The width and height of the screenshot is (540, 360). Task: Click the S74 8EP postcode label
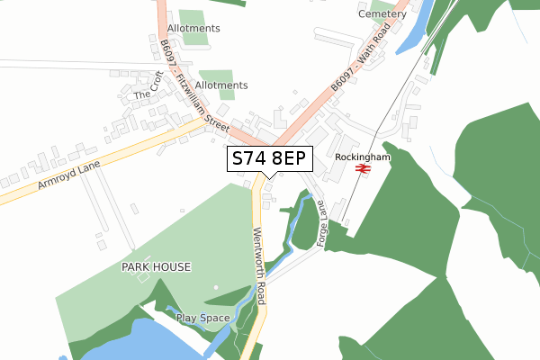click(270, 158)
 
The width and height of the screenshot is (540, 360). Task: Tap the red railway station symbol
click(363, 168)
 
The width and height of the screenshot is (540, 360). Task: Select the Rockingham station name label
click(362, 156)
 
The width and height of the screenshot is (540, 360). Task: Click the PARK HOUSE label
click(157, 267)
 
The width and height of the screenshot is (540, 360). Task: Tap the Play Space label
click(202, 318)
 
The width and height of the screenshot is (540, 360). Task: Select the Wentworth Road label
click(260, 266)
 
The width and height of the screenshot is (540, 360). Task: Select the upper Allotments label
click(193, 29)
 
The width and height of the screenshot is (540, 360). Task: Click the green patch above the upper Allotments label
click(191, 16)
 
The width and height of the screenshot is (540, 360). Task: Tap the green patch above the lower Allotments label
click(216, 75)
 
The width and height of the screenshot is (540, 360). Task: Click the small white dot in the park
click(215, 288)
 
